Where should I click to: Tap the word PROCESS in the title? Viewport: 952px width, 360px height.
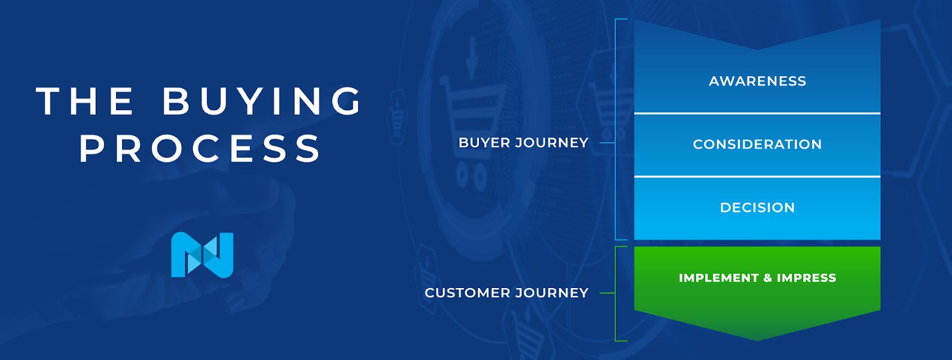201,148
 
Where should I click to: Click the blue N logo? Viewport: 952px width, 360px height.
202,255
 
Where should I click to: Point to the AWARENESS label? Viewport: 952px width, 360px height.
757,82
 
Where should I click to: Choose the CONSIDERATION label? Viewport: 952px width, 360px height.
757,145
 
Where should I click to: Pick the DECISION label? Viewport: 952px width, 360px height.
757,208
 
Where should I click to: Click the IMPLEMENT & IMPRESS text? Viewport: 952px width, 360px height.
757,278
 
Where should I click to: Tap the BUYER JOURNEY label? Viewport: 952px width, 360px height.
523,143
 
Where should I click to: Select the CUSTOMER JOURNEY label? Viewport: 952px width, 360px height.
506,293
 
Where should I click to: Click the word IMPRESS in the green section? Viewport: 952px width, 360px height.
806,278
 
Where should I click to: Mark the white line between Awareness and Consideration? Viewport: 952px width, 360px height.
757,113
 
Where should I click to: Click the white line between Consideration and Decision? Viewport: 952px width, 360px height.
757,177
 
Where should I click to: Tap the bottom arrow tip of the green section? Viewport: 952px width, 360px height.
757,339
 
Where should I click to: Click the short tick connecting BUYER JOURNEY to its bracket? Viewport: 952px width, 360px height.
607,143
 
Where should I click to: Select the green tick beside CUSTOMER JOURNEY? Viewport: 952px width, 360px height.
607,293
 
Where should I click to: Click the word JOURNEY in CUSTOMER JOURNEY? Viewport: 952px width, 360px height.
552,293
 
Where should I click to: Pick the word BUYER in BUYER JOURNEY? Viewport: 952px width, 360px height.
484,143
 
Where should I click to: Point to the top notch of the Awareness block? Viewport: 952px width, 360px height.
757,49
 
